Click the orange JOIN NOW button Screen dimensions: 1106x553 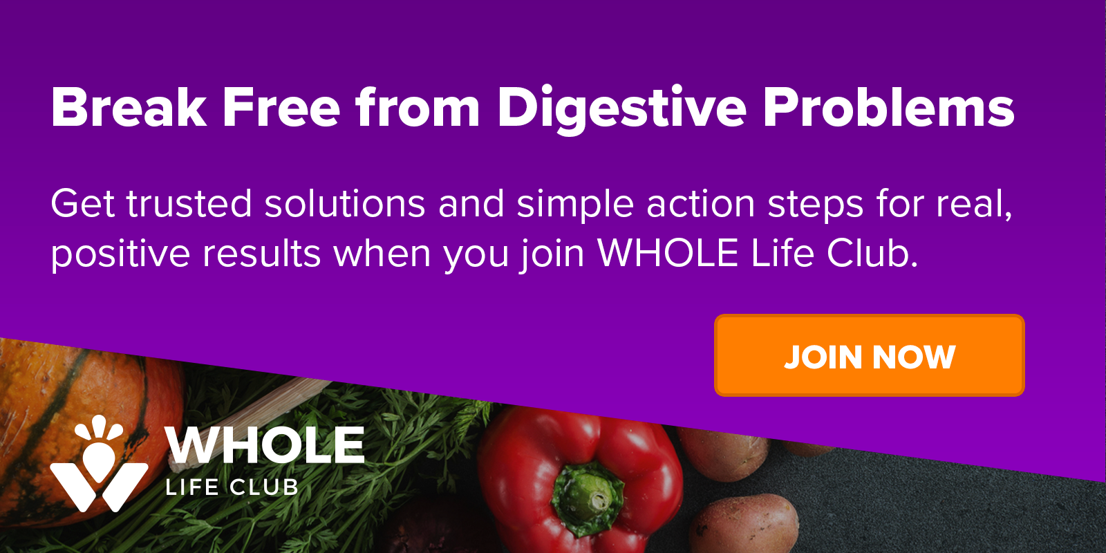pos(869,355)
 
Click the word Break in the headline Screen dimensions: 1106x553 pos(129,107)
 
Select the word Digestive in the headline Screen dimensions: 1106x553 pos(621,110)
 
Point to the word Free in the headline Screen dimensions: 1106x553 pos(281,107)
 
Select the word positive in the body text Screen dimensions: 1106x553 pos(120,255)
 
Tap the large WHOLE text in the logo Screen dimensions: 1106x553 pos(265,445)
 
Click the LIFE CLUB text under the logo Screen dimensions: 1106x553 pos(232,487)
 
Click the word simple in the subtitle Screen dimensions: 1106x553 pos(575,205)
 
